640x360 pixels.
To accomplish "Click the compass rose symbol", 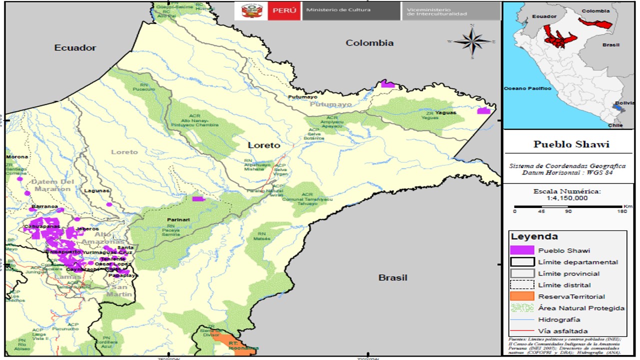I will pos(472,41).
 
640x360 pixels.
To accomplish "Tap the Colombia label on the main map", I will pos(369,43).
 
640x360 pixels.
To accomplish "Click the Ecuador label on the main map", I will pos(75,48).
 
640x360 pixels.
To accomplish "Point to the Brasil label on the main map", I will pos(392,277).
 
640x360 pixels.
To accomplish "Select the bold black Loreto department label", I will pos(264,145).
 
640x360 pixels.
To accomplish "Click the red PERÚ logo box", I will pos(284,10).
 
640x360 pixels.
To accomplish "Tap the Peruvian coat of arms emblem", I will pos(251,10).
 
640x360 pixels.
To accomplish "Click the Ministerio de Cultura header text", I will pos(338,10).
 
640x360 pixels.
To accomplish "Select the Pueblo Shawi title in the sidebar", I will pos(571,144).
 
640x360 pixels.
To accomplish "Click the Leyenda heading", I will pos(527,236).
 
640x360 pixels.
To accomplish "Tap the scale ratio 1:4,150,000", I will pos(567,198).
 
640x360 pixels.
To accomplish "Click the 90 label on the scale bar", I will pos(568,211).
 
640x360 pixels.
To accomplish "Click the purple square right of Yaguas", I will pos(483,110).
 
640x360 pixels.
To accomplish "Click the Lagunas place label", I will pos(96,190).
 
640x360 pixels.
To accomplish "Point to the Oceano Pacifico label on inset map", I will pos(527,88).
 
